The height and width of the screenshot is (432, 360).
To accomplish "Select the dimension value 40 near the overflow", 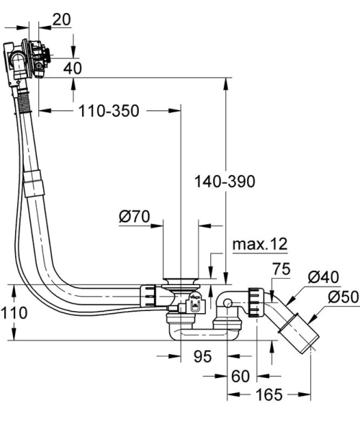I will tap(72, 68).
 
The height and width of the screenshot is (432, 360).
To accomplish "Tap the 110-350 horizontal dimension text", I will tap(109, 111).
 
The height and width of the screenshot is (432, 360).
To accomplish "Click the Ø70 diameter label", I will tap(136, 216).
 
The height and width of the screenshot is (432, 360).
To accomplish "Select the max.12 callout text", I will tap(259, 244).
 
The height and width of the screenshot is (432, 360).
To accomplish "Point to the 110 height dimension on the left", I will tap(14, 312).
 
